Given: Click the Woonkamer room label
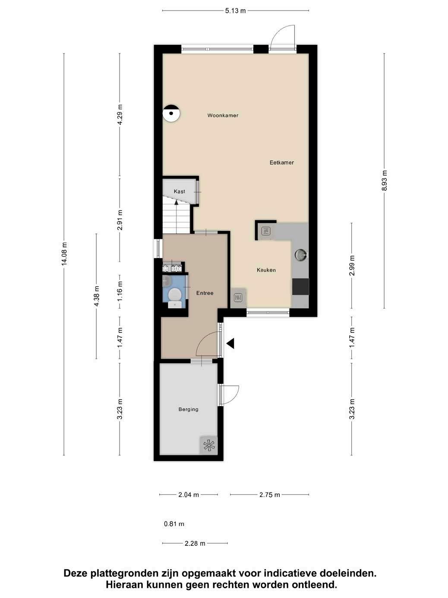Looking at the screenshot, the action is pyautogui.click(x=223, y=115).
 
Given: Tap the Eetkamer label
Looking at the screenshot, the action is pyautogui.click(x=281, y=162).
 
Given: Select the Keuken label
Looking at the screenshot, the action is pyautogui.click(x=266, y=270).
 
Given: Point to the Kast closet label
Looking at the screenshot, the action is pyautogui.click(x=179, y=191).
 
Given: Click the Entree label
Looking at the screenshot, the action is pyautogui.click(x=205, y=293).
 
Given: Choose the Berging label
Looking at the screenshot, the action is pyautogui.click(x=189, y=409).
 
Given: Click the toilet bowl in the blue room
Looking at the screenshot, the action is pyautogui.click(x=175, y=295).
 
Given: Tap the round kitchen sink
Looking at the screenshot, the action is pyautogui.click(x=301, y=255).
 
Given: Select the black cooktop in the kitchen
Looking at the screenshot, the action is pyautogui.click(x=300, y=286).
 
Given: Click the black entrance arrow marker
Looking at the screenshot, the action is pyautogui.click(x=231, y=343).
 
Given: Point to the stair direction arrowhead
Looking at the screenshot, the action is pyautogui.click(x=176, y=202).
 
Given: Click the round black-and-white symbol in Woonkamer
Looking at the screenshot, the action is pyautogui.click(x=171, y=114).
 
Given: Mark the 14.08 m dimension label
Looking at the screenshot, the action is pyautogui.click(x=64, y=254).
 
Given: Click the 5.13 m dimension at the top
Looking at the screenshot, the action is pyautogui.click(x=235, y=11).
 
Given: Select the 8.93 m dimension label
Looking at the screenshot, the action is pyautogui.click(x=384, y=180).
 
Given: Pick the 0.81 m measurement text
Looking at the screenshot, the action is pyautogui.click(x=174, y=524).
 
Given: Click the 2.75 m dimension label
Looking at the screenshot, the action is pyautogui.click(x=270, y=495).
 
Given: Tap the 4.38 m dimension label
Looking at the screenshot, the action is pyautogui.click(x=96, y=296).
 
